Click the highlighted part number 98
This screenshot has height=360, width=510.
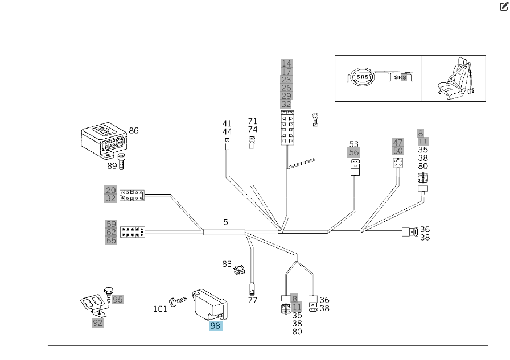(215, 326)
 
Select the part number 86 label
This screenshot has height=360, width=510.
(134, 131)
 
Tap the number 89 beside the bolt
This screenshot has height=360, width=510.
(112, 166)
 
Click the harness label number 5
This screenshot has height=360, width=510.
(225, 222)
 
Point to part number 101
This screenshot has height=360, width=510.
(160, 309)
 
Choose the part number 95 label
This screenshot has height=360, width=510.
(117, 299)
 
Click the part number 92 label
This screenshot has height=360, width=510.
(98, 322)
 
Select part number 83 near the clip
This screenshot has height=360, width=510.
(227, 264)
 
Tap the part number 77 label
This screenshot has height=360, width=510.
(253, 300)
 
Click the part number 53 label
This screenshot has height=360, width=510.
(354, 144)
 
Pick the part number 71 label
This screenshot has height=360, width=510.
(253, 121)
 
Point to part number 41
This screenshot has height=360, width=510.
(227, 123)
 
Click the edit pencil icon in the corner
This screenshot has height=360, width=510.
(503, 7)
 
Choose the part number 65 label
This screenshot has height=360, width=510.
(111, 241)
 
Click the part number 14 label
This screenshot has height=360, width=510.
(286, 64)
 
